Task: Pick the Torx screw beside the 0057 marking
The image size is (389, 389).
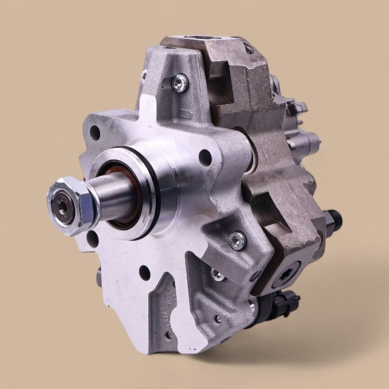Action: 178,83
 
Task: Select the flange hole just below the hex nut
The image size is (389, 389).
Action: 92,238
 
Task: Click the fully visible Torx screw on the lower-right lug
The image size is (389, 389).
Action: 237,240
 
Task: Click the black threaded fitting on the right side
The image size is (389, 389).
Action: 334,220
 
